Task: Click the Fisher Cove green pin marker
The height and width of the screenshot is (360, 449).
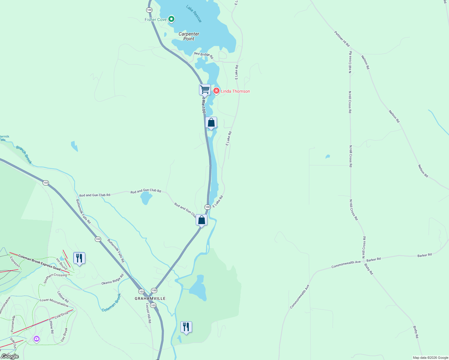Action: tap(171, 19)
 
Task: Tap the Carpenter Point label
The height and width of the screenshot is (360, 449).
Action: tap(189, 36)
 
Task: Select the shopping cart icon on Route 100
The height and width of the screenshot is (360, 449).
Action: tap(205, 89)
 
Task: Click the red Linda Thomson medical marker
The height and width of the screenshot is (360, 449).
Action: tap(216, 91)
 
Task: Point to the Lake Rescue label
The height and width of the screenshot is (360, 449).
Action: tap(194, 13)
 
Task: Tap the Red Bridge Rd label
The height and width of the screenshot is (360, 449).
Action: tap(203, 55)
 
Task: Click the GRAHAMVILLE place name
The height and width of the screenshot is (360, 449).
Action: tap(150, 298)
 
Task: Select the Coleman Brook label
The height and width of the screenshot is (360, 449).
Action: tap(111, 303)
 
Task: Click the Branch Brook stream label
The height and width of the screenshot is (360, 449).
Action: tap(24, 155)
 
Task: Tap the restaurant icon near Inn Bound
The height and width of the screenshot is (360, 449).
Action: tap(79, 258)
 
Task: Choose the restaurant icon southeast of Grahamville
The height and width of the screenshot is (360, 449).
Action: tap(186, 327)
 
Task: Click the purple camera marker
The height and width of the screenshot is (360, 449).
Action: tap(37, 339)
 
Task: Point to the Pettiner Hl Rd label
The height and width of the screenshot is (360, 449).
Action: tap(342, 39)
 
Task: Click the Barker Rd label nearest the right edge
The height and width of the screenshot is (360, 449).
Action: tap(424, 255)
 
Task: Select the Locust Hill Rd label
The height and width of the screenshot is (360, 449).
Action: tap(149, 313)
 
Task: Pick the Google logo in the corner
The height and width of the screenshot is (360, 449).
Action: tap(10, 356)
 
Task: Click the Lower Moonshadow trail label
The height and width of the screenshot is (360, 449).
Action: tap(54, 302)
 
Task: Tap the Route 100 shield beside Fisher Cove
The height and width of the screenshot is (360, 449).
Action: tap(149, 10)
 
